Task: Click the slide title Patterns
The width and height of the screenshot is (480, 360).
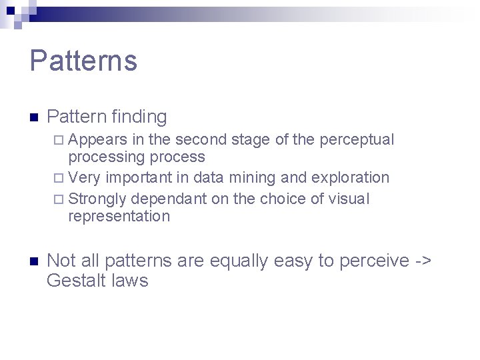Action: coord(83,61)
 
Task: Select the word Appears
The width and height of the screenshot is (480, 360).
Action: coord(98,140)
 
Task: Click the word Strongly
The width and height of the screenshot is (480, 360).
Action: coord(98,199)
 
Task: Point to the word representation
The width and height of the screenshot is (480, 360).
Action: coord(119,216)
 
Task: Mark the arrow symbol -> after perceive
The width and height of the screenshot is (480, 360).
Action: coord(423,261)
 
